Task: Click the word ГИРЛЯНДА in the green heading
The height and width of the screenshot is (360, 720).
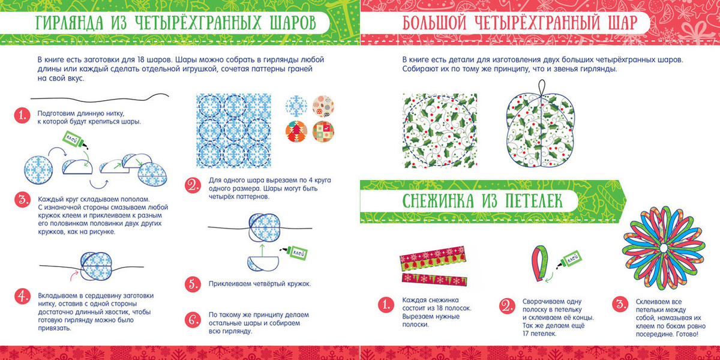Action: [x=69, y=23]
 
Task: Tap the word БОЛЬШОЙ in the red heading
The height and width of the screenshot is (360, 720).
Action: [x=434, y=23]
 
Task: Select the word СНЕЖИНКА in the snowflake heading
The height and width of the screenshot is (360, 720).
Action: [x=438, y=201]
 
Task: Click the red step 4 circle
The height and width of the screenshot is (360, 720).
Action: [x=23, y=296]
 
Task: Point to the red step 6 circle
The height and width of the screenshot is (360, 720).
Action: [x=193, y=319]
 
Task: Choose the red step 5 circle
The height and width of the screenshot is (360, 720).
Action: [x=193, y=284]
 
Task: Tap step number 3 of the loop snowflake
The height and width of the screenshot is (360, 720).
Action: [x=620, y=304]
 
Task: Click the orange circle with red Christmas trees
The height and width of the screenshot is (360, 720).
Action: [x=296, y=131]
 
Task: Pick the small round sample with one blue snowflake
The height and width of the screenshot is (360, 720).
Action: [x=296, y=106]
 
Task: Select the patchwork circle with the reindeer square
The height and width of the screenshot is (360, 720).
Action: [x=323, y=131]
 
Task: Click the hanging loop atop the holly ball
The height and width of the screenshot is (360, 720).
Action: [x=542, y=88]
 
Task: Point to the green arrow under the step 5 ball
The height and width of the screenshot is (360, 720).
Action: [x=262, y=250]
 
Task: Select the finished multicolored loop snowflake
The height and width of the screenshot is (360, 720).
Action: [x=664, y=248]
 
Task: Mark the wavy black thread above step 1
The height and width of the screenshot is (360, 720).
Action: [x=100, y=97]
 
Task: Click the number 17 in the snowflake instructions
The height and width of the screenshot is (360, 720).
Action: [x=527, y=334]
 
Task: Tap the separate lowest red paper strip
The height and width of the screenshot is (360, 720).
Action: [x=434, y=280]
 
